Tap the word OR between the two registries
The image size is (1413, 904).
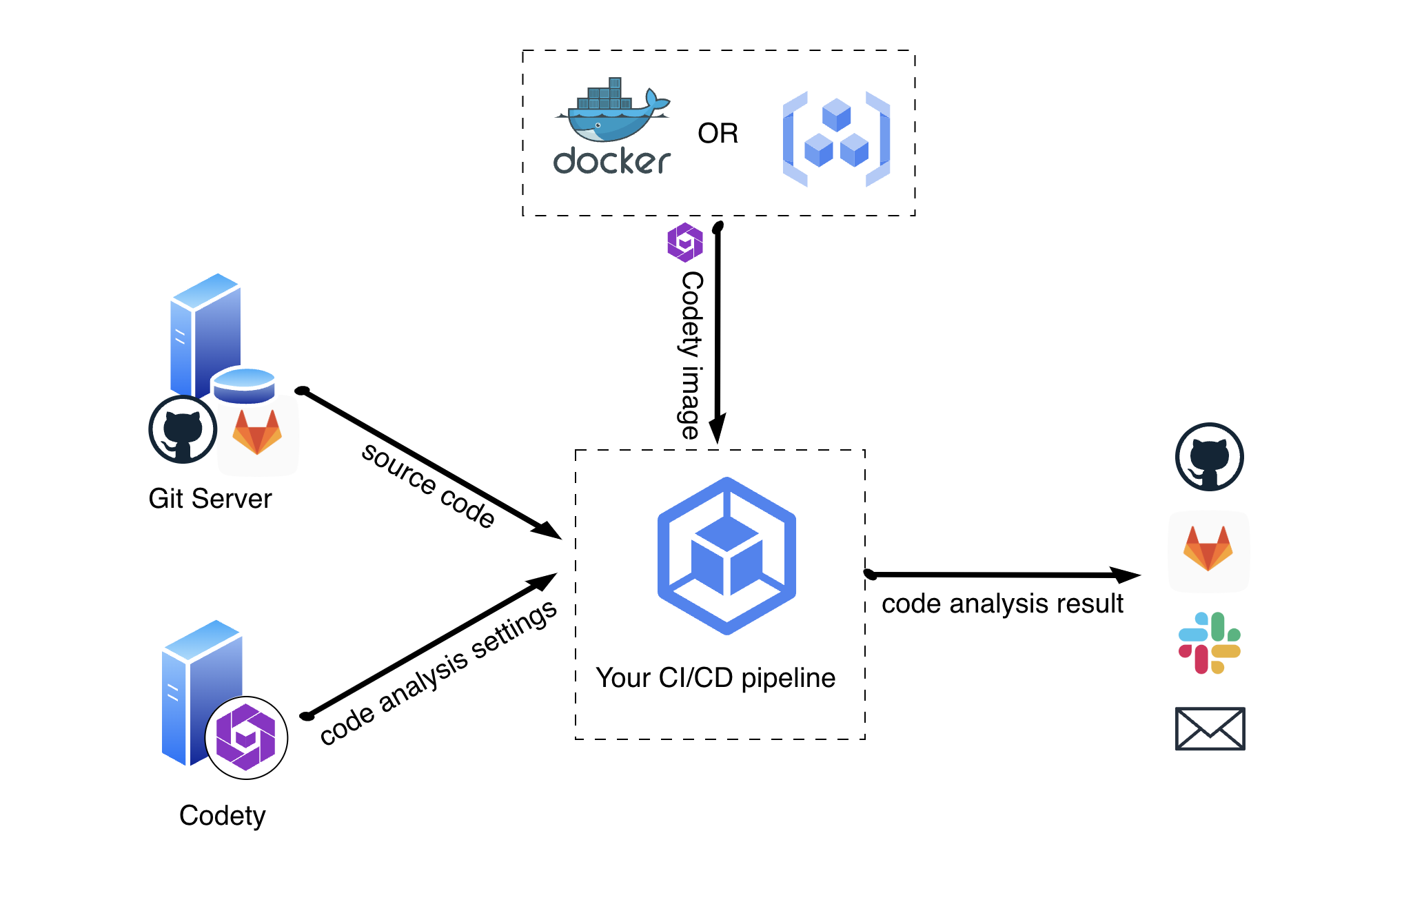pos(718,134)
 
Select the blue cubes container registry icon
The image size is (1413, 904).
pos(836,138)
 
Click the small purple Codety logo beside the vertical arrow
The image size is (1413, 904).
pos(685,243)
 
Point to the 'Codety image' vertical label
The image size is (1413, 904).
pos(691,355)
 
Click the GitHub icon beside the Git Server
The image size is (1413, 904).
pos(183,429)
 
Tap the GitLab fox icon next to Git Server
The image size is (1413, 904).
pos(257,432)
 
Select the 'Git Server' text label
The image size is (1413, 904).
pos(210,498)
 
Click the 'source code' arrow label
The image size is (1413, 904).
pos(428,486)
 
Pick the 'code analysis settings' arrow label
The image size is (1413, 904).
pos(438,672)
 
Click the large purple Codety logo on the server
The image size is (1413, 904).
pos(246,737)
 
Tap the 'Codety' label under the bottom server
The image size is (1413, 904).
pos(222,816)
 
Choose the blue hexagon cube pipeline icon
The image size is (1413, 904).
pos(726,555)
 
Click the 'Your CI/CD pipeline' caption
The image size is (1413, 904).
pos(715,678)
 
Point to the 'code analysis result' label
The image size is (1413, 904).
pos(1002,604)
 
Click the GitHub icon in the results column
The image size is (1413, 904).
pos(1209,457)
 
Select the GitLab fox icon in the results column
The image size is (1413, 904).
pos(1208,549)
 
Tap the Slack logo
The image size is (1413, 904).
pos(1210,643)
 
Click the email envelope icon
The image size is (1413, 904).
pos(1210,728)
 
